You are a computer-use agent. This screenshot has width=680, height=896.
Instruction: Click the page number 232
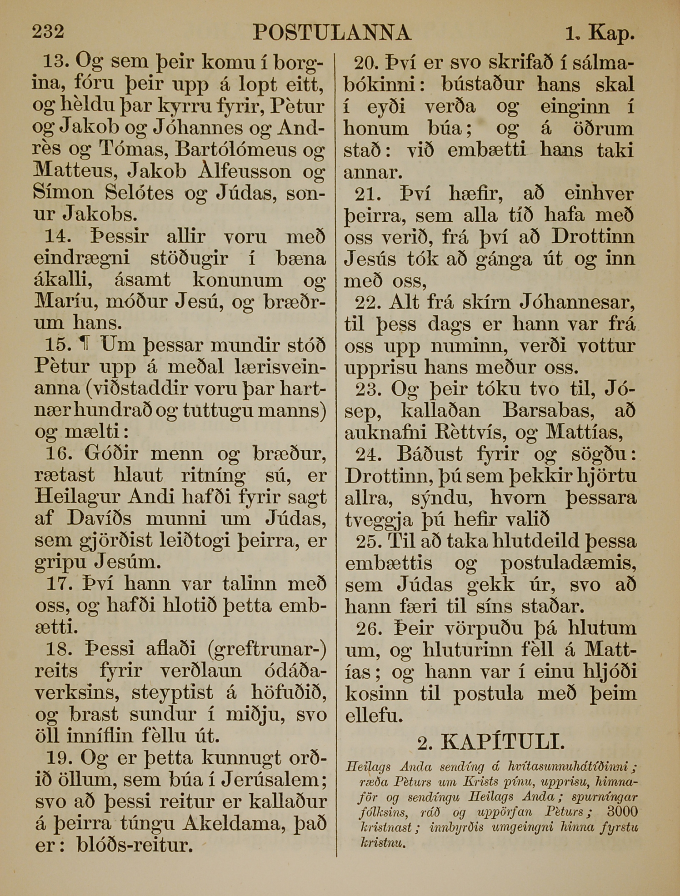click(x=48, y=32)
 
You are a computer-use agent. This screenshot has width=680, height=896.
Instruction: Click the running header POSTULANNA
click(x=332, y=33)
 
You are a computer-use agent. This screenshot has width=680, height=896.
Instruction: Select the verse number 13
click(x=55, y=61)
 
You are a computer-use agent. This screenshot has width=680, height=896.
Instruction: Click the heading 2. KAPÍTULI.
click(x=491, y=742)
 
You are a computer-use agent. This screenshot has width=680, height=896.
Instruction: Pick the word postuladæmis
click(x=568, y=563)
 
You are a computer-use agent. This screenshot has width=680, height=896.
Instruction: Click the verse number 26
click(x=369, y=629)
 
